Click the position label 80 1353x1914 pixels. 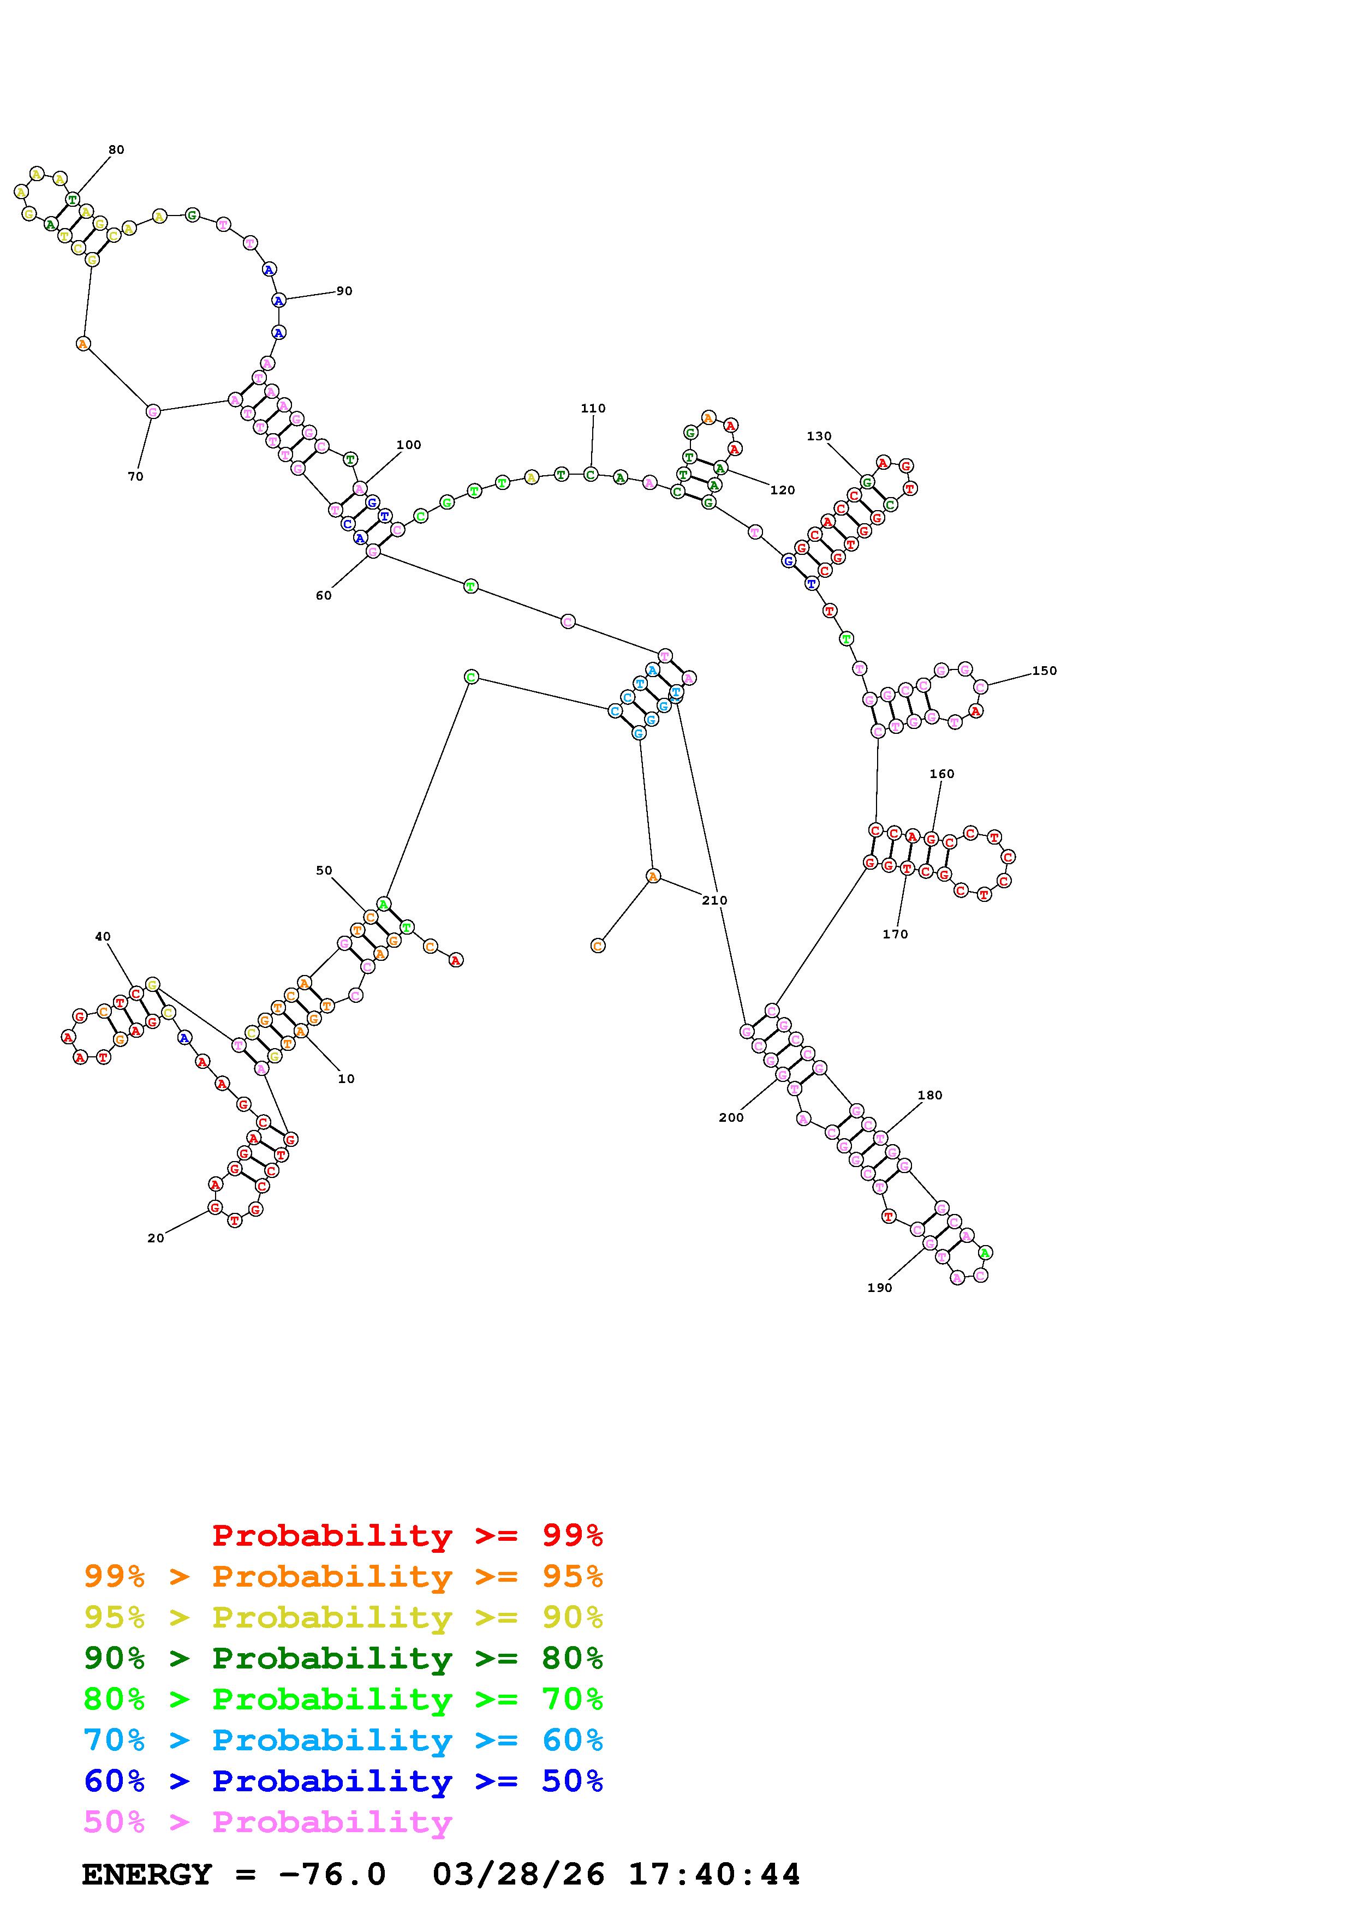click(x=116, y=150)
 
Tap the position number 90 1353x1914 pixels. click(x=344, y=291)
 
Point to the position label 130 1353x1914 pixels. click(x=819, y=436)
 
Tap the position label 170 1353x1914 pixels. click(x=895, y=935)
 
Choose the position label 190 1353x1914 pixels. click(x=879, y=1288)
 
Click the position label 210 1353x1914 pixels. click(x=714, y=900)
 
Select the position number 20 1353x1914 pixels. click(x=156, y=1239)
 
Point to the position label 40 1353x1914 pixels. click(x=103, y=937)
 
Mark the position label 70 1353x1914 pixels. click(x=135, y=477)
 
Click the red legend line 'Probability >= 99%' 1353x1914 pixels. click(x=408, y=1535)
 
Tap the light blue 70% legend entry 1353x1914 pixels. click(x=343, y=1740)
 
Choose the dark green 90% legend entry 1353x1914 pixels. click(x=343, y=1659)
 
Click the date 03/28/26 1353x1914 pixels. click(x=518, y=1875)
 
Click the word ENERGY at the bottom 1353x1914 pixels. click(x=147, y=1875)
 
